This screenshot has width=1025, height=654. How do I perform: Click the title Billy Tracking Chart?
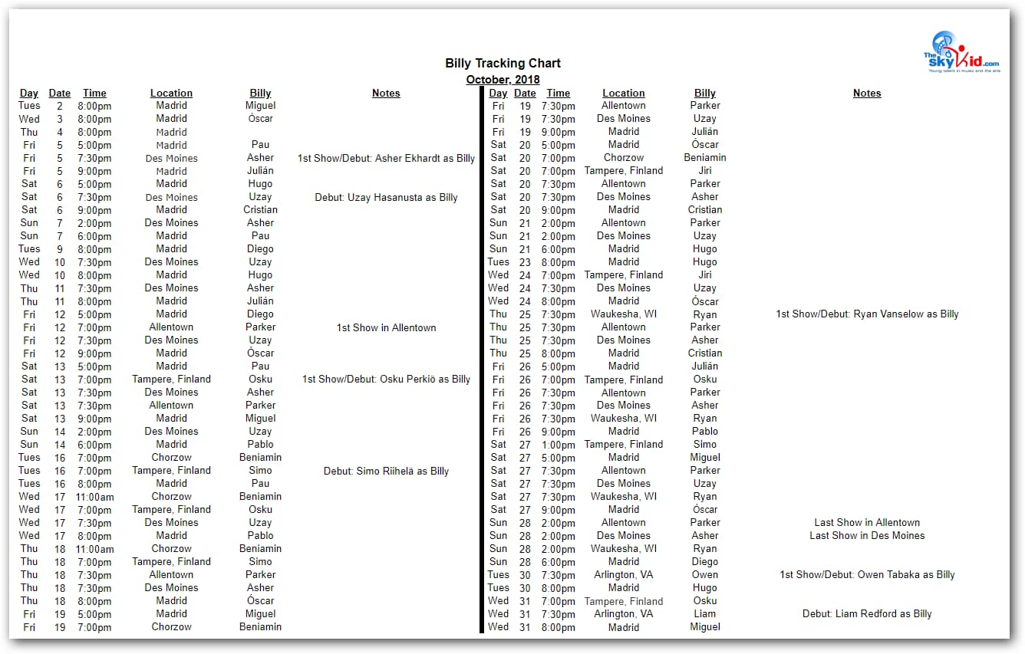point(503,64)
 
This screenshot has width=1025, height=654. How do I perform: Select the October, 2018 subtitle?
point(503,80)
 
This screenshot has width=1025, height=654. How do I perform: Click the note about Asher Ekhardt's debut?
point(386,159)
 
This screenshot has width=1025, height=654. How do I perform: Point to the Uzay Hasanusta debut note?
point(386,198)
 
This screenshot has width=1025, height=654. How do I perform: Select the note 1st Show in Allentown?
point(386,328)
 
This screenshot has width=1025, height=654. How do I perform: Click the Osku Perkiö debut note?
point(386,380)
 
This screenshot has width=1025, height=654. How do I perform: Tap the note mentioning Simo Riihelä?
point(386,472)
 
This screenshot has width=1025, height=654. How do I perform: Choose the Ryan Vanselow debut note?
point(867,314)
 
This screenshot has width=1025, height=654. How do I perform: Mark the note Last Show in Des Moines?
point(867,536)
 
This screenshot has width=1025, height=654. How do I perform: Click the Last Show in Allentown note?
point(867,523)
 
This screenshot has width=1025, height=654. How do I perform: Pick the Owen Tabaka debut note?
point(867,575)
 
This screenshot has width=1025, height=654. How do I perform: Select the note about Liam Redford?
point(867,614)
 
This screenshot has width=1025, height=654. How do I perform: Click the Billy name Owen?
point(705,575)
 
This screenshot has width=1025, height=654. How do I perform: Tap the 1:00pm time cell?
point(559,445)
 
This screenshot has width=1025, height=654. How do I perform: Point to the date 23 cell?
point(525,262)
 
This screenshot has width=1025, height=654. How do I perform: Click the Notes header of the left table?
point(386,94)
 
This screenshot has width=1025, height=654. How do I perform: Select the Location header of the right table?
point(624,94)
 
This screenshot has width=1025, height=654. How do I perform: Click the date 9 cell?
point(60,249)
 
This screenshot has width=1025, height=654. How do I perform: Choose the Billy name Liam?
point(705,614)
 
